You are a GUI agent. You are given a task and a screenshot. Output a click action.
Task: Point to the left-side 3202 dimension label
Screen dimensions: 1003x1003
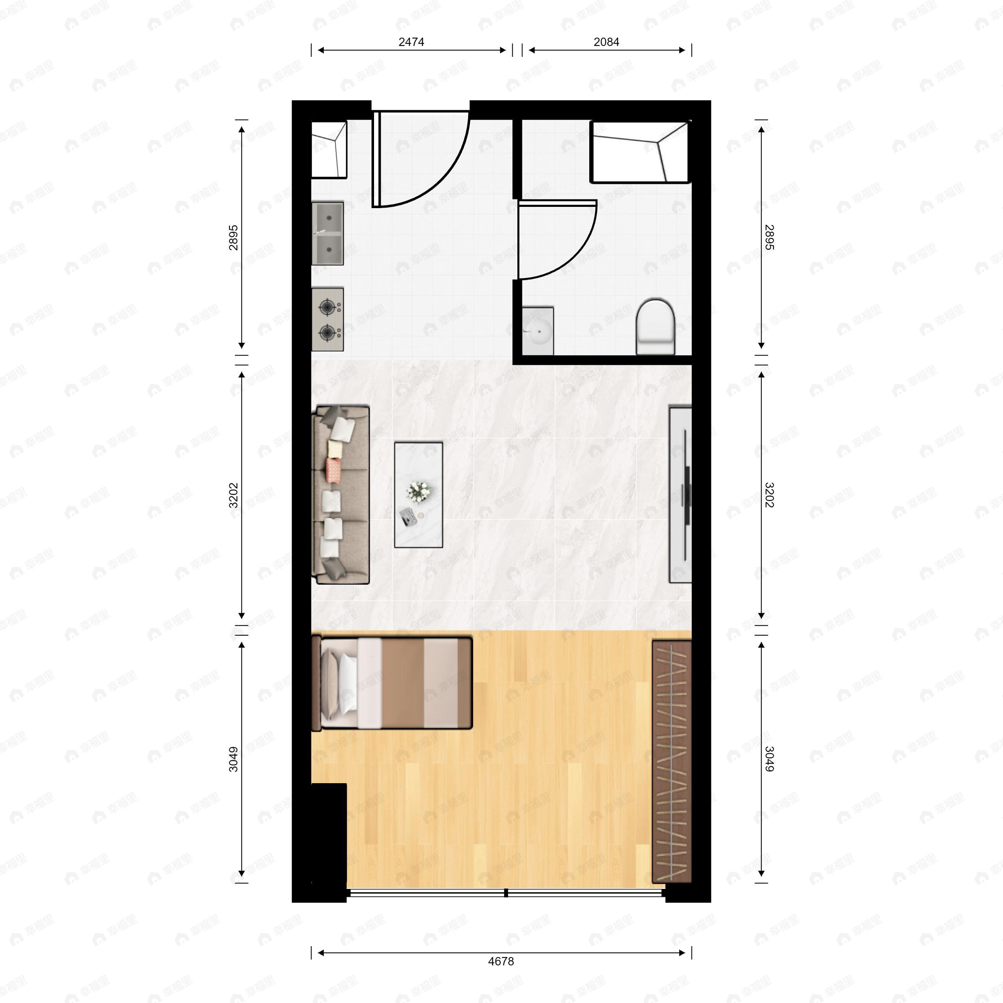234,495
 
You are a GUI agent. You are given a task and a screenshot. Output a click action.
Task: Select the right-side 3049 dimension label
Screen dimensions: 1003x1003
769,759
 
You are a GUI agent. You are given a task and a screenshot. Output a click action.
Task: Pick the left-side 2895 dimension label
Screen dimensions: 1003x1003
234,237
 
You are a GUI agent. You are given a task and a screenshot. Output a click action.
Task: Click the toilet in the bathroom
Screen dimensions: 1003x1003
655,326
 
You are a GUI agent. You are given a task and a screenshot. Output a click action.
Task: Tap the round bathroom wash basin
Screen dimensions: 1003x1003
538,330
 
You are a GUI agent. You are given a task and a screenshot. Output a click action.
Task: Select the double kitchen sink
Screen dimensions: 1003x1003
328,234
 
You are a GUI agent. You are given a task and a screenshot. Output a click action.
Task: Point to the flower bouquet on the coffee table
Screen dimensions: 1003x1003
418,491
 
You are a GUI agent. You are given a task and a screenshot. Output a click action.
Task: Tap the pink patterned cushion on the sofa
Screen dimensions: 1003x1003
333,469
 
